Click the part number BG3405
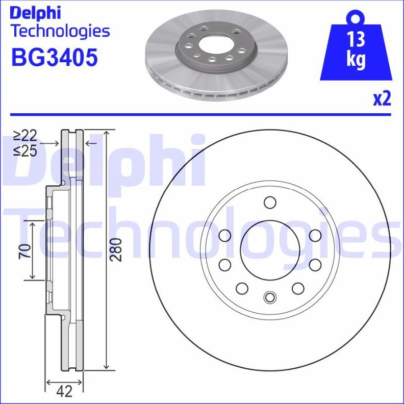pyautogui.click(x=54, y=58)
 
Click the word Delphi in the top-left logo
pyautogui.click(x=36, y=12)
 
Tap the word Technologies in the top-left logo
pyautogui.click(x=60, y=31)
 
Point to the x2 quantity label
pyautogui.click(x=381, y=98)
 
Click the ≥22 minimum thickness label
pyautogui.click(x=26, y=136)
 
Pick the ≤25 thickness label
pyautogui.click(x=26, y=151)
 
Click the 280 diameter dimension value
pyautogui.click(x=117, y=249)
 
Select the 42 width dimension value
pyautogui.click(x=64, y=391)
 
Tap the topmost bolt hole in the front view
pyautogui.click(x=269, y=203)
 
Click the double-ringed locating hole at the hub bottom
pyautogui.click(x=269, y=297)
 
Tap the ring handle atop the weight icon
pyautogui.click(x=356, y=17)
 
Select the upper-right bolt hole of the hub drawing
pyautogui.click(x=315, y=235)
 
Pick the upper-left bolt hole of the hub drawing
pyautogui.click(x=224, y=235)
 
